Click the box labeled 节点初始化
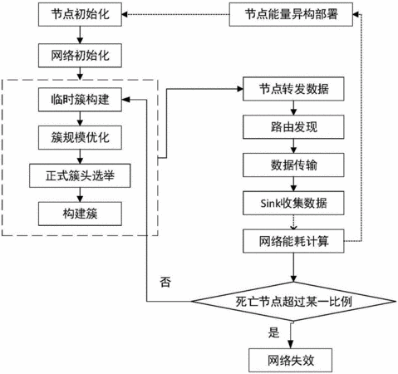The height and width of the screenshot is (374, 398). [80, 14]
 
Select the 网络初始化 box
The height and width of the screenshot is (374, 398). [80, 56]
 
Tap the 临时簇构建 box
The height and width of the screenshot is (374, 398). [80, 100]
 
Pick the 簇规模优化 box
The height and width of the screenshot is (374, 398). [80, 138]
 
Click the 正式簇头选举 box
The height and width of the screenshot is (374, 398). [80, 175]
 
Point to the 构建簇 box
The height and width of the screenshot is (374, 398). [80, 214]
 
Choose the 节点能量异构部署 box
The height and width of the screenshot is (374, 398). [291, 14]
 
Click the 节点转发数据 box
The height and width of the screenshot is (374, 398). [293, 89]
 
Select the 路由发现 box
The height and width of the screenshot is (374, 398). [293, 127]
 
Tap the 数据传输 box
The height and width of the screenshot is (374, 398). [293, 165]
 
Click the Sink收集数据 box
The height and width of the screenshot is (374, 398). [293, 203]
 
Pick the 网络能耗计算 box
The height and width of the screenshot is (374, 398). [293, 241]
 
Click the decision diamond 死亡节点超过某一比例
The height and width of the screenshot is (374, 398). [293, 302]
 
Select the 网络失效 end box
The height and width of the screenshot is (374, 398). [290, 360]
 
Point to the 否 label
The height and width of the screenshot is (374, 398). [165, 283]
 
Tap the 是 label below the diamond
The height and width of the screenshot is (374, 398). [273, 332]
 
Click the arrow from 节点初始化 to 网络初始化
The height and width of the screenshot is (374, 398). [80, 35]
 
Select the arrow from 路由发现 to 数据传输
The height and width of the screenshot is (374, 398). [293, 146]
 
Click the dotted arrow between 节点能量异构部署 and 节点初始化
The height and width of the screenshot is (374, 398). [175, 14]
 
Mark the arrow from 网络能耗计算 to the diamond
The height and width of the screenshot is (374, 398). [293, 268]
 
